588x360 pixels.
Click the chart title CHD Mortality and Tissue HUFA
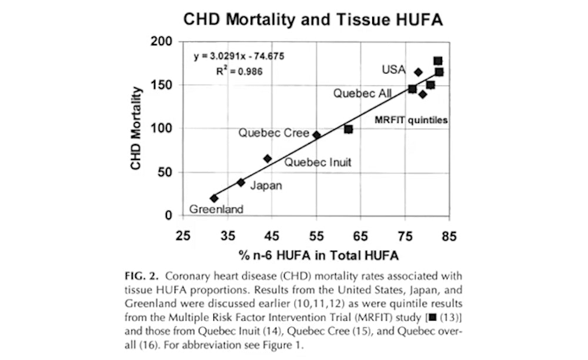pyautogui.click(x=312, y=19)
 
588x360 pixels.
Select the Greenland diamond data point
pyautogui.click(x=213, y=198)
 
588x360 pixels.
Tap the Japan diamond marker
pyautogui.click(x=240, y=182)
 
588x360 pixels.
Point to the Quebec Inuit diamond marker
pyautogui.click(x=268, y=158)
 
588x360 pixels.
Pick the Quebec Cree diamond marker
pyautogui.click(x=317, y=135)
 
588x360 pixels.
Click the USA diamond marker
pyautogui.click(x=418, y=72)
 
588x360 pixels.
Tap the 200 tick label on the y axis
pyautogui.click(x=162, y=42)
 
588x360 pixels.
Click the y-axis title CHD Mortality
pyautogui.click(x=136, y=128)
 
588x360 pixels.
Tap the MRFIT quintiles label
pyautogui.click(x=412, y=120)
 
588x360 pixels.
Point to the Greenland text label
pyautogui.click(x=216, y=209)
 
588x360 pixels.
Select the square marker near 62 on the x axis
pyautogui.click(x=349, y=129)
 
